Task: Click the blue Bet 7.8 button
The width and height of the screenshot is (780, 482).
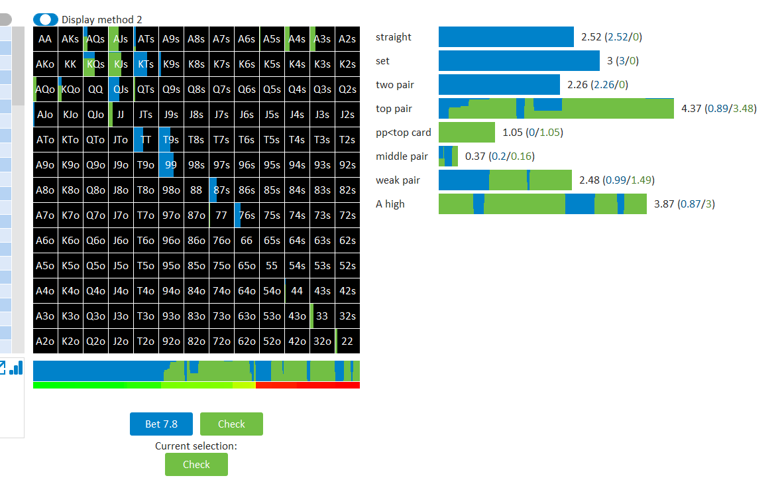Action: point(161,424)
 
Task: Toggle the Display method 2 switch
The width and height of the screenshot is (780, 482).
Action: point(45,19)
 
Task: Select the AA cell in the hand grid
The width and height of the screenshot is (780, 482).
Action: point(45,39)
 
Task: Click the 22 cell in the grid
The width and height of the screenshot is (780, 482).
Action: point(347,341)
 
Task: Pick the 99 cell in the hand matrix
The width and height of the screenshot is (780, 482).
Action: point(171,164)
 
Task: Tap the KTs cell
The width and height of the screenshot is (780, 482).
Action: point(146,64)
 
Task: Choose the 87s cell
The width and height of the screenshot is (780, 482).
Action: point(221,190)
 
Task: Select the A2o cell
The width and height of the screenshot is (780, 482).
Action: point(45,341)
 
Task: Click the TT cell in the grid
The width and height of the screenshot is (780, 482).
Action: point(146,140)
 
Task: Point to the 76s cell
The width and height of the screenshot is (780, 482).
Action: point(247,215)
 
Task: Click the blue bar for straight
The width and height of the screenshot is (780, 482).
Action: point(506,37)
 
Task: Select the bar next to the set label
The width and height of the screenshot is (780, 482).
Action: point(519,61)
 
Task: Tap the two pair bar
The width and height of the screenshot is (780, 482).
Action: point(499,85)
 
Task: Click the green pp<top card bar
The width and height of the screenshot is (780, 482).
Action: point(467,133)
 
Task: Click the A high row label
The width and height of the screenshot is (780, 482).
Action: point(390,204)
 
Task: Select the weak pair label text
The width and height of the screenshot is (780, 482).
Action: point(398,180)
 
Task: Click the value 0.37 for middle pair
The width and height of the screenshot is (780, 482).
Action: point(474,156)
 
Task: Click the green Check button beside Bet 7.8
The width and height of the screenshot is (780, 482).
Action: point(231,424)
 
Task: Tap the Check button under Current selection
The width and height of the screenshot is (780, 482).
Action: point(197,464)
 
